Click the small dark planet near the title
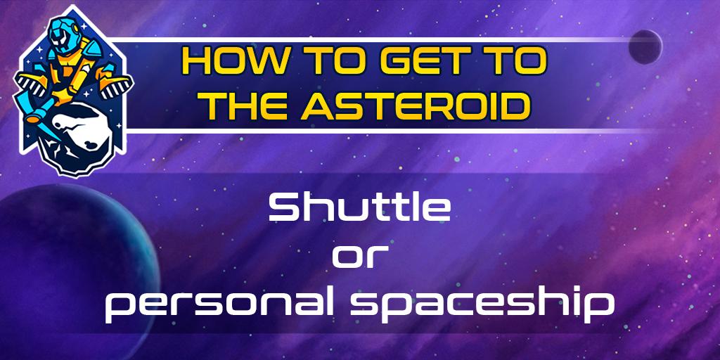(x=645, y=46)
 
